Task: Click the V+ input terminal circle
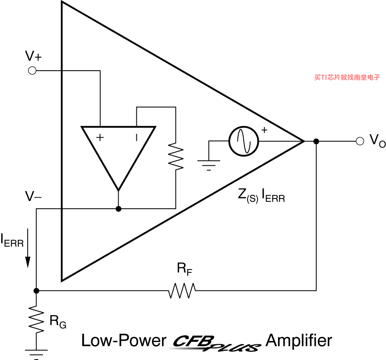tap(32, 71)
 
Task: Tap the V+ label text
tap(33, 56)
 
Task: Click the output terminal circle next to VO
tap(360, 141)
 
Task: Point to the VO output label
tap(377, 141)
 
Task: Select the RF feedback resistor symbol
tap(182, 291)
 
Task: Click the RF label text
tap(184, 269)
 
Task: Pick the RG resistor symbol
tap(36, 319)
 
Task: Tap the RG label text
tap(58, 322)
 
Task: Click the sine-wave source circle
tap(244, 141)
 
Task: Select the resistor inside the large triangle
tap(176, 156)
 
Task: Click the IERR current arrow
tap(28, 248)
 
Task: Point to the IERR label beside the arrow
tap(12, 240)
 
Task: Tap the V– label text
tap(33, 196)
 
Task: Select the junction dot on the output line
tap(316, 141)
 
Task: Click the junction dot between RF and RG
tap(36, 291)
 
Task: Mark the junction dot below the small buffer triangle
tap(119, 209)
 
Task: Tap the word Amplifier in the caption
tap(299, 340)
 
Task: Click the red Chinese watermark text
tap(347, 77)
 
